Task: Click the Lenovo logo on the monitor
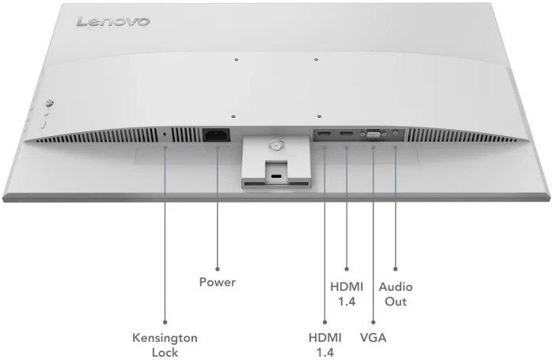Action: click(112, 21)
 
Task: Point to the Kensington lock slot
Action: click(165, 135)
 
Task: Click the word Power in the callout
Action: click(217, 282)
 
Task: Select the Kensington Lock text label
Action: click(165, 345)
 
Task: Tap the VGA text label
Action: click(373, 338)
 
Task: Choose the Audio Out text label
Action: click(395, 294)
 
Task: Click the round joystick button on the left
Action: click(49, 102)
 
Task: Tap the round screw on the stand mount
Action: click(274, 145)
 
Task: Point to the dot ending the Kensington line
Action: click(165, 321)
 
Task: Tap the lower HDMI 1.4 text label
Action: click(324, 345)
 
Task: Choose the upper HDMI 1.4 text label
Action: click(346, 294)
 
